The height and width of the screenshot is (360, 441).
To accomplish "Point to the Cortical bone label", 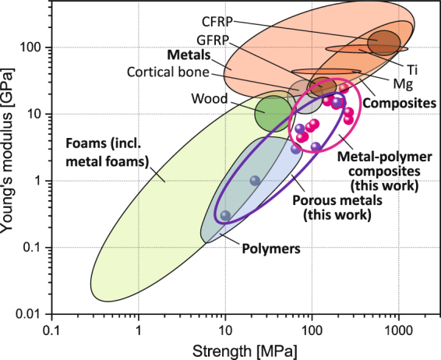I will (167, 73).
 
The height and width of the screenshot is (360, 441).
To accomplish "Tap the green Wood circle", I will (273, 112).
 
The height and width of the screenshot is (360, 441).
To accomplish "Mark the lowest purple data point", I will (226, 215).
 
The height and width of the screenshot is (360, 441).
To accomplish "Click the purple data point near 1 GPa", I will (255, 181).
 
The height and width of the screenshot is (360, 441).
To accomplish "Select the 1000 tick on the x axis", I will (399, 330).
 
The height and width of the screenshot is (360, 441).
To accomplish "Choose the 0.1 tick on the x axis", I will (52, 330).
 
